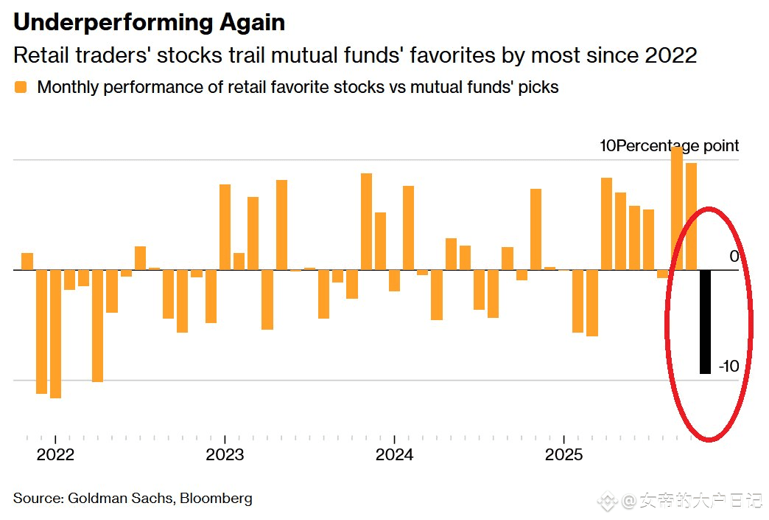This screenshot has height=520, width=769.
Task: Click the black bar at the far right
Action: click(705, 322)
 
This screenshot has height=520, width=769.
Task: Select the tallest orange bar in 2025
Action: click(677, 208)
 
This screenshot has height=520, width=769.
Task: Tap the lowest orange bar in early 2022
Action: click(55, 333)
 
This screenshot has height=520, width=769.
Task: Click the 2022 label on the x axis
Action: click(55, 454)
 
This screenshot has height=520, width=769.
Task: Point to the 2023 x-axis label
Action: click(225, 454)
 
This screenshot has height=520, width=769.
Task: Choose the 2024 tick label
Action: click(394, 454)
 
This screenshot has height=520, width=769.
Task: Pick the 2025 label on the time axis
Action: click(563, 454)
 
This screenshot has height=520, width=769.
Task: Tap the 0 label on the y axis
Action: click(734, 257)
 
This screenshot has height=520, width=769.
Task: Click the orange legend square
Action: click(21, 87)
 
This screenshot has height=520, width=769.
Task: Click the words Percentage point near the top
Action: click(677, 146)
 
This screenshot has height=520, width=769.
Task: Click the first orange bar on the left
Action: click(27, 261)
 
